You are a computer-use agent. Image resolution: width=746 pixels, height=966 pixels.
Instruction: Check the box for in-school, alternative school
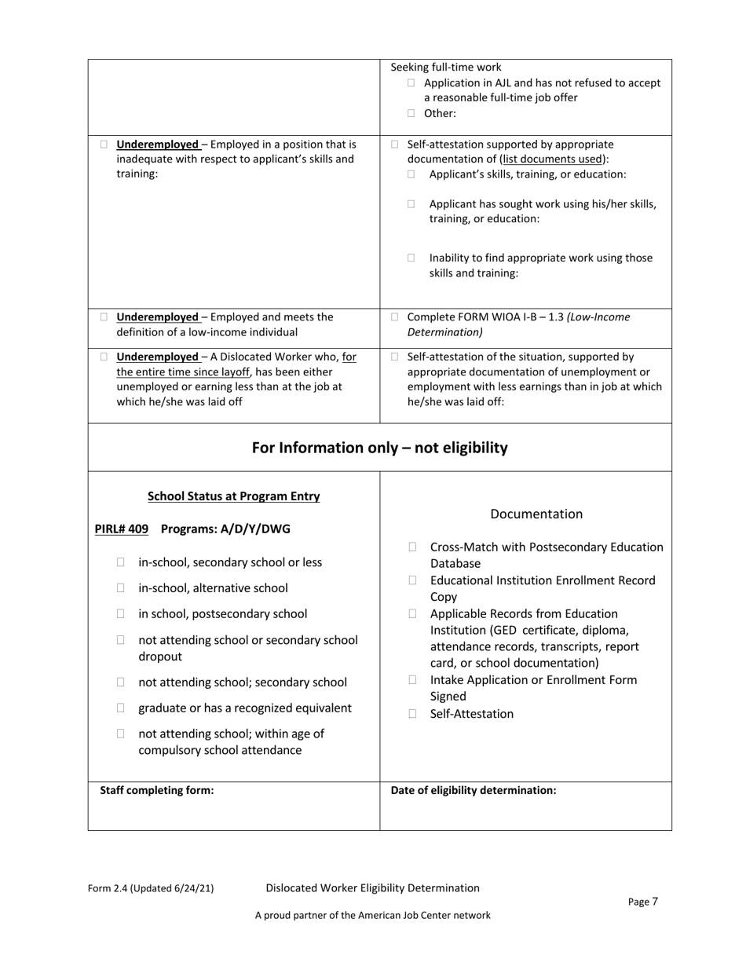(121, 587)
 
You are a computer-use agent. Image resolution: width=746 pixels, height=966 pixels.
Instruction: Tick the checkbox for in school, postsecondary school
(121, 613)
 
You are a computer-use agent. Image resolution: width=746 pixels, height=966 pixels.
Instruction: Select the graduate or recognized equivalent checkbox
(121, 708)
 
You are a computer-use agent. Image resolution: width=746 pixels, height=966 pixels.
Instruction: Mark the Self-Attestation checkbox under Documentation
(413, 714)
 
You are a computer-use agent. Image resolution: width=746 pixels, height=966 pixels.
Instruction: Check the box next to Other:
(411, 113)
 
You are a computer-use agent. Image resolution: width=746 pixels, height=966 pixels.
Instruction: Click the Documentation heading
(536, 514)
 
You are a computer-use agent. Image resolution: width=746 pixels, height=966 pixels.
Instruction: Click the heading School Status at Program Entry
(233, 496)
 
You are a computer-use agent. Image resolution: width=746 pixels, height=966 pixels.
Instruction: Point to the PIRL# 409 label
(121, 529)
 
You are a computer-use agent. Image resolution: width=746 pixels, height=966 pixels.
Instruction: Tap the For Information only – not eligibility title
(379, 448)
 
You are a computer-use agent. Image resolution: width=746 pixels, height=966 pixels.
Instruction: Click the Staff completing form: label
(157, 790)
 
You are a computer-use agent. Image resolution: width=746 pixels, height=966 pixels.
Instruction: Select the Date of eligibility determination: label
(474, 790)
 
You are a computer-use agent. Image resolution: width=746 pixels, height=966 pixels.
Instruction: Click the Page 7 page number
(643, 902)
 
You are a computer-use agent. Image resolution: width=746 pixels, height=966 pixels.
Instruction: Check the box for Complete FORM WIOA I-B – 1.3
(395, 317)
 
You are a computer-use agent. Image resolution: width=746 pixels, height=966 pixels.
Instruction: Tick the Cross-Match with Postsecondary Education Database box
(413, 547)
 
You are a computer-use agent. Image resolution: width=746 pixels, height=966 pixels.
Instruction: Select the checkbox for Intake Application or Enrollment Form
(413, 679)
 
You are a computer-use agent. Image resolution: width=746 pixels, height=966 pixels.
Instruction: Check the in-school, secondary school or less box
(121, 562)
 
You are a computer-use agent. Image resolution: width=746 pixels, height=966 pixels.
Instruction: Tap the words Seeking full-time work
(445, 67)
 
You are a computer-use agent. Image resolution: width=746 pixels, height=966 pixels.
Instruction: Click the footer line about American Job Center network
(372, 915)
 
